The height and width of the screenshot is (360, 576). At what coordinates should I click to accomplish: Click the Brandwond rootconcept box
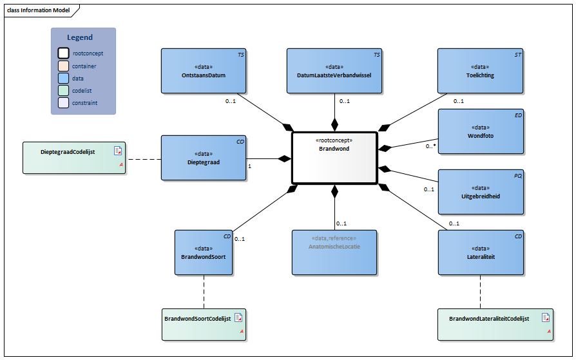334,158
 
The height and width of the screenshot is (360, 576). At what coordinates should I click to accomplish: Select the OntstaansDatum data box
204,71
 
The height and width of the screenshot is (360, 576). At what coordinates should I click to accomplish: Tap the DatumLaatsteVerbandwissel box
334,71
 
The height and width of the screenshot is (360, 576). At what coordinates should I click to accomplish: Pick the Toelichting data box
480,71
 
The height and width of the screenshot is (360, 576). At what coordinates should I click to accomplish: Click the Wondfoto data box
480,131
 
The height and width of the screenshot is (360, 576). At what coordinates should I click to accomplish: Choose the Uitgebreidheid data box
480,191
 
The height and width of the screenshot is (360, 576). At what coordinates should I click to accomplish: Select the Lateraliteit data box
480,252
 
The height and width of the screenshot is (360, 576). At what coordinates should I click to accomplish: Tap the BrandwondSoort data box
204,252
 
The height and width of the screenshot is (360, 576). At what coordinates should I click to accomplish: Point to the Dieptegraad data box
204,158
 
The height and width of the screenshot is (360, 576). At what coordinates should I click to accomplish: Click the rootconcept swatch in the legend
64,53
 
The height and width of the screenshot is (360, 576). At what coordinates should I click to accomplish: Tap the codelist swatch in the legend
64,90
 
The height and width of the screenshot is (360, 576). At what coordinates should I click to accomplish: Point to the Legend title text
80,37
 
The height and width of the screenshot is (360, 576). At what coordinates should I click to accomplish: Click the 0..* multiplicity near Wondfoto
430,146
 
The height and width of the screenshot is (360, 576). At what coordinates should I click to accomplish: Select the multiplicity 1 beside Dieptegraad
249,166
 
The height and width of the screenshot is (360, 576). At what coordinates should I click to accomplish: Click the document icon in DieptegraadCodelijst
118,151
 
